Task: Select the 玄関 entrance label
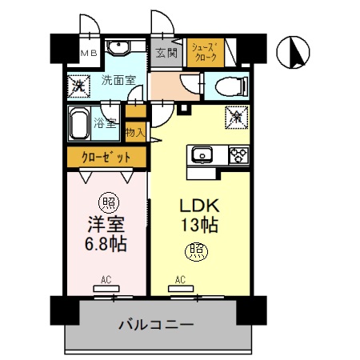click(x=166, y=54)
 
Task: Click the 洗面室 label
click(x=118, y=80)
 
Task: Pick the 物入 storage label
click(x=136, y=133)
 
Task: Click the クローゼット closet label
click(x=106, y=158)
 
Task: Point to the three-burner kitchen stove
click(x=238, y=154)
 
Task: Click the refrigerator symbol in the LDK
click(x=238, y=115)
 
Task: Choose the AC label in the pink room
click(x=106, y=280)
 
